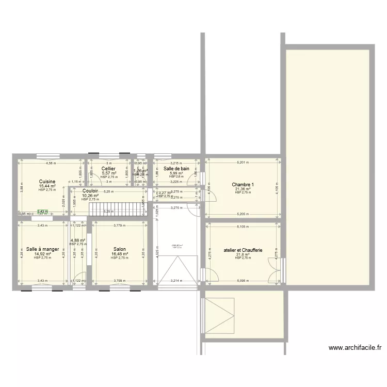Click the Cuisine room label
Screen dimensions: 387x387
[47, 182]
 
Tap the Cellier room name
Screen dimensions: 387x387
[108, 169]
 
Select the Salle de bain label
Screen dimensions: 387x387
[176, 169]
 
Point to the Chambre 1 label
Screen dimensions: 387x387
[243, 184]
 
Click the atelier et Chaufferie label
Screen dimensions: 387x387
[243, 250]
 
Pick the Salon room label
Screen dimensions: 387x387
[119, 249]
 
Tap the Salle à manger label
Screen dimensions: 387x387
[43, 249]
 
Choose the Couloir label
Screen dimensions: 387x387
[90, 191]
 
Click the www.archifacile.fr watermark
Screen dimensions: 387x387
[355, 348]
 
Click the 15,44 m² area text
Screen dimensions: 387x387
[47, 186]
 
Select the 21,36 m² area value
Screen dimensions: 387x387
[243, 189]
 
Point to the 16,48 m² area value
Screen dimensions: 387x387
[119, 254]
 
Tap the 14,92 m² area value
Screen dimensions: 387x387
[43, 254]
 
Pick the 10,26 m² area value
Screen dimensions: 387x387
[90, 196]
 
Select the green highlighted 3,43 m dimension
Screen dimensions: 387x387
[43, 211]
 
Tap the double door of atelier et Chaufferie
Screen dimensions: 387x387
[272, 269]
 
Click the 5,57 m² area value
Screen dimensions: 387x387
[108, 173]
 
